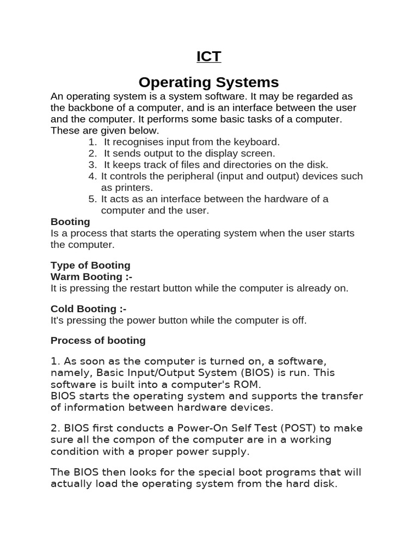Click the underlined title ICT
tap(208, 56)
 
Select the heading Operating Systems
tap(208, 82)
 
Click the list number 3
tap(93, 165)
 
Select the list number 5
tap(93, 199)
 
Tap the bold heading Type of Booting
tap(90, 265)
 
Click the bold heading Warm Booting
tap(91, 277)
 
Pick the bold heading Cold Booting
tap(89, 309)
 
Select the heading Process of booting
tap(98, 341)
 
